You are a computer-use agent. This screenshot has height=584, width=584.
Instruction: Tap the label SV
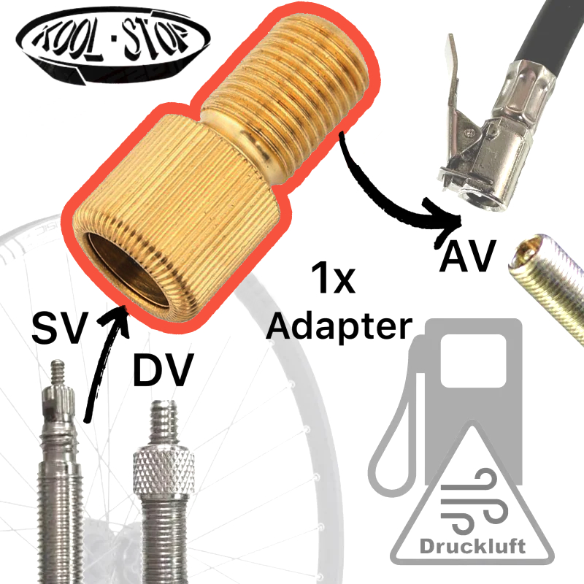(x=61, y=328)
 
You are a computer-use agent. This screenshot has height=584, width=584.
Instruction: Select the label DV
(x=163, y=370)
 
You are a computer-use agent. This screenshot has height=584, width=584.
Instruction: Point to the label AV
(x=467, y=256)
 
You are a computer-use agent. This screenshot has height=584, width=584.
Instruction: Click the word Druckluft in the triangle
(x=472, y=546)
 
